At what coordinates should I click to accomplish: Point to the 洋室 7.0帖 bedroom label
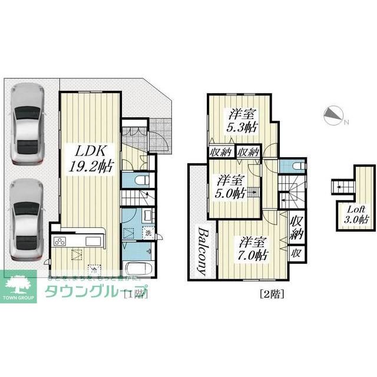pyautogui.click(x=254, y=249)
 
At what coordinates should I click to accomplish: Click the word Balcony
pyautogui.click(x=201, y=250)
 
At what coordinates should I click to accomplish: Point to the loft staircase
pyautogui.click(x=340, y=188)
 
